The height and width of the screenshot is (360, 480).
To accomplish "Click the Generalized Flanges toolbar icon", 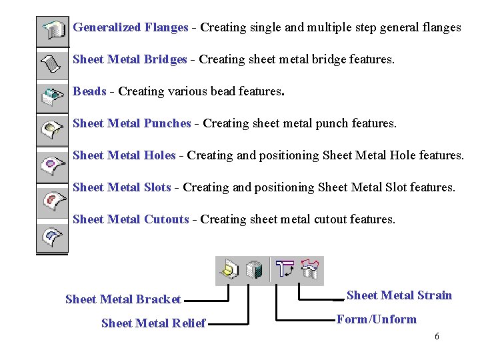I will (x=53, y=29).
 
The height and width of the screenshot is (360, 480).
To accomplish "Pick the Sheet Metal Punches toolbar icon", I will (x=53, y=129).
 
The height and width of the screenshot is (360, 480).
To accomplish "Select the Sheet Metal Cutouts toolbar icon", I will (x=53, y=235).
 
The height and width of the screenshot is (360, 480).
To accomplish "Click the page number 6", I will (x=437, y=337).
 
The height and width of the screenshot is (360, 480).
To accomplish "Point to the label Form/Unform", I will (x=376, y=319).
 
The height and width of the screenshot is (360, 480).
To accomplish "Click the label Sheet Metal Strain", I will (x=399, y=295).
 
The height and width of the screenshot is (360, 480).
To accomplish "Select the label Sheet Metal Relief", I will (x=153, y=324).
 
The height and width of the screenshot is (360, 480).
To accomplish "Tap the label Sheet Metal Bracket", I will (x=123, y=299).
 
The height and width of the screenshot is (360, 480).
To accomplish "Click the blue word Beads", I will (x=89, y=91).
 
